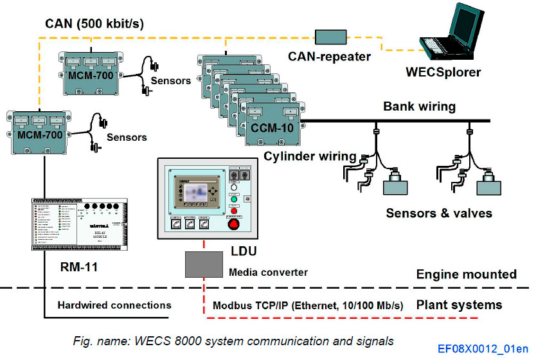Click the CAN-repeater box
(x=332, y=37)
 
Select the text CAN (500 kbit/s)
(x=94, y=24)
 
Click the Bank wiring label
(x=419, y=106)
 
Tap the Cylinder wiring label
(x=310, y=156)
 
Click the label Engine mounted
(x=466, y=274)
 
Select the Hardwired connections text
(x=114, y=305)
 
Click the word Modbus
(x=232, y=305)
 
